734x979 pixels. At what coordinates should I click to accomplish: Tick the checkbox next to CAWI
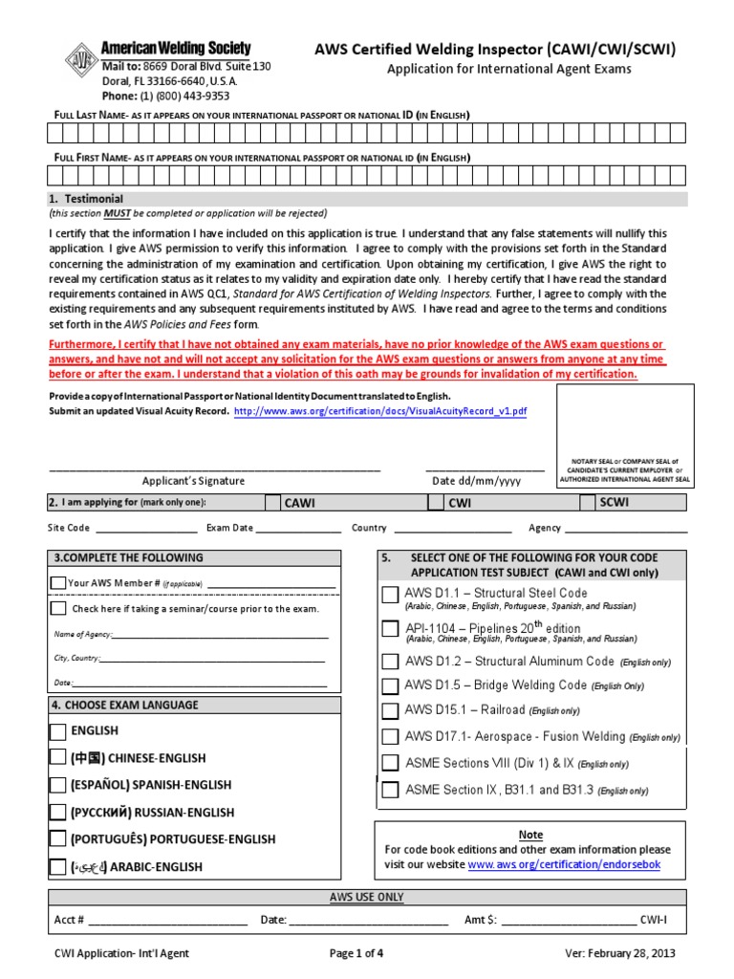point(273,504)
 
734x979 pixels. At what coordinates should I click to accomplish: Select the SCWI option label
point(615,503)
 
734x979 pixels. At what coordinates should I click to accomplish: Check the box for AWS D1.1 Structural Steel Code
point(390,595)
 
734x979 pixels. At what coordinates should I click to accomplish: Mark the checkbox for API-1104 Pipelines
point(390,629)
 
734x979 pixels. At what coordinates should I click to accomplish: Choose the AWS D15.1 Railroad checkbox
point(390,710)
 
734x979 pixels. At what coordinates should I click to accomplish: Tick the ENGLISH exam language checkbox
point(58,731)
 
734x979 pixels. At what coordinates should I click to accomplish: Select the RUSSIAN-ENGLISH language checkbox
point(58,813)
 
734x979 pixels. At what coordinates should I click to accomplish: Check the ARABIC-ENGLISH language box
point(58,867)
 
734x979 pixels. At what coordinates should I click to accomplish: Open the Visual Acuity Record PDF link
point(379,411)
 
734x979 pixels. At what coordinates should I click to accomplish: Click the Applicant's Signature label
point(193,481)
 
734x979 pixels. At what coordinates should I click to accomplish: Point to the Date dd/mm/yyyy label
point(476,481)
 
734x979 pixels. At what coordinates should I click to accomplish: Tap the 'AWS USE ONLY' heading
point(366,897)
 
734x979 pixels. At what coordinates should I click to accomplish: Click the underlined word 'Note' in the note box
point(529,835)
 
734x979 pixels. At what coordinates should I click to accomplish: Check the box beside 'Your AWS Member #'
point(58,583)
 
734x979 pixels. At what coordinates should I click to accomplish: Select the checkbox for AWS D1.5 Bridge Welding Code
point(390,685)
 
